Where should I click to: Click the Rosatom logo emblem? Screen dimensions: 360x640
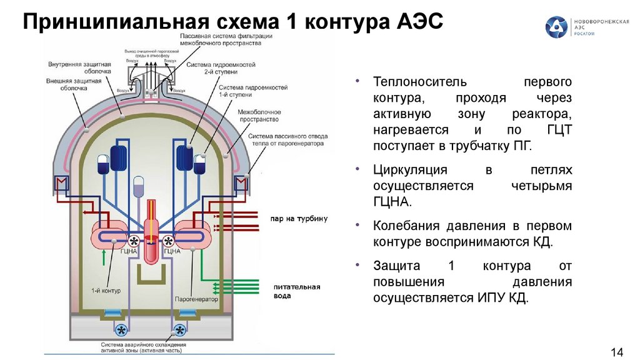pos(557,27)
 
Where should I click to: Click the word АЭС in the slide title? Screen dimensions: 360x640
pos(419,22)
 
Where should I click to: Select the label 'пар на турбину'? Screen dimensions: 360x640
pos(299,219)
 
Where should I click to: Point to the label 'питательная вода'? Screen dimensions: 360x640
pos(297,291)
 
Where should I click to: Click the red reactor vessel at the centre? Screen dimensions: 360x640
pos(151,237)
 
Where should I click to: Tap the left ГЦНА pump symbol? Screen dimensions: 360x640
pos(134,241)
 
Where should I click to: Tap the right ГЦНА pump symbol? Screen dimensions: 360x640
pos(169,241)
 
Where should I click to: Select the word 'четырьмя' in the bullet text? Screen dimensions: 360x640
pos(541,186)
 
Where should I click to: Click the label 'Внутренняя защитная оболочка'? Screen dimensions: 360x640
pos(82,67)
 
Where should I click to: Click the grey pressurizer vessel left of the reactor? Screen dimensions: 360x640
pos(139,184)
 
